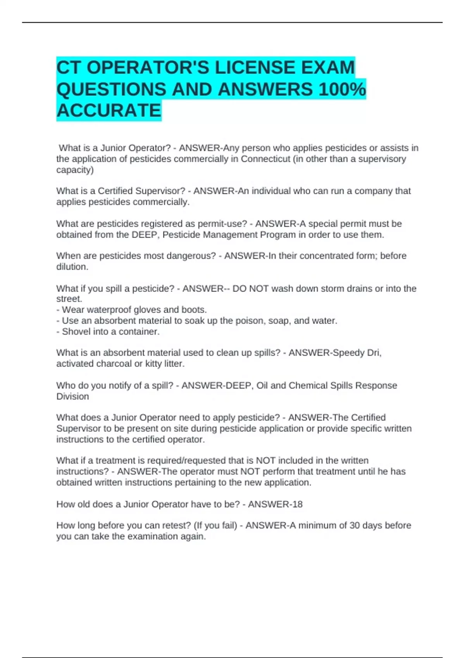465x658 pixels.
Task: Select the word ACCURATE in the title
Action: [x=109, y=111]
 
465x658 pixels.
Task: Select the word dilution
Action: [x=72, y=267]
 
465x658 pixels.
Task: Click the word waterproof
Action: [x=103, y=310]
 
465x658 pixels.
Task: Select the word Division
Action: [x=72, y=396]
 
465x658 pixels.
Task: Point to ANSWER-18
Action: [x=275, y=504]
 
